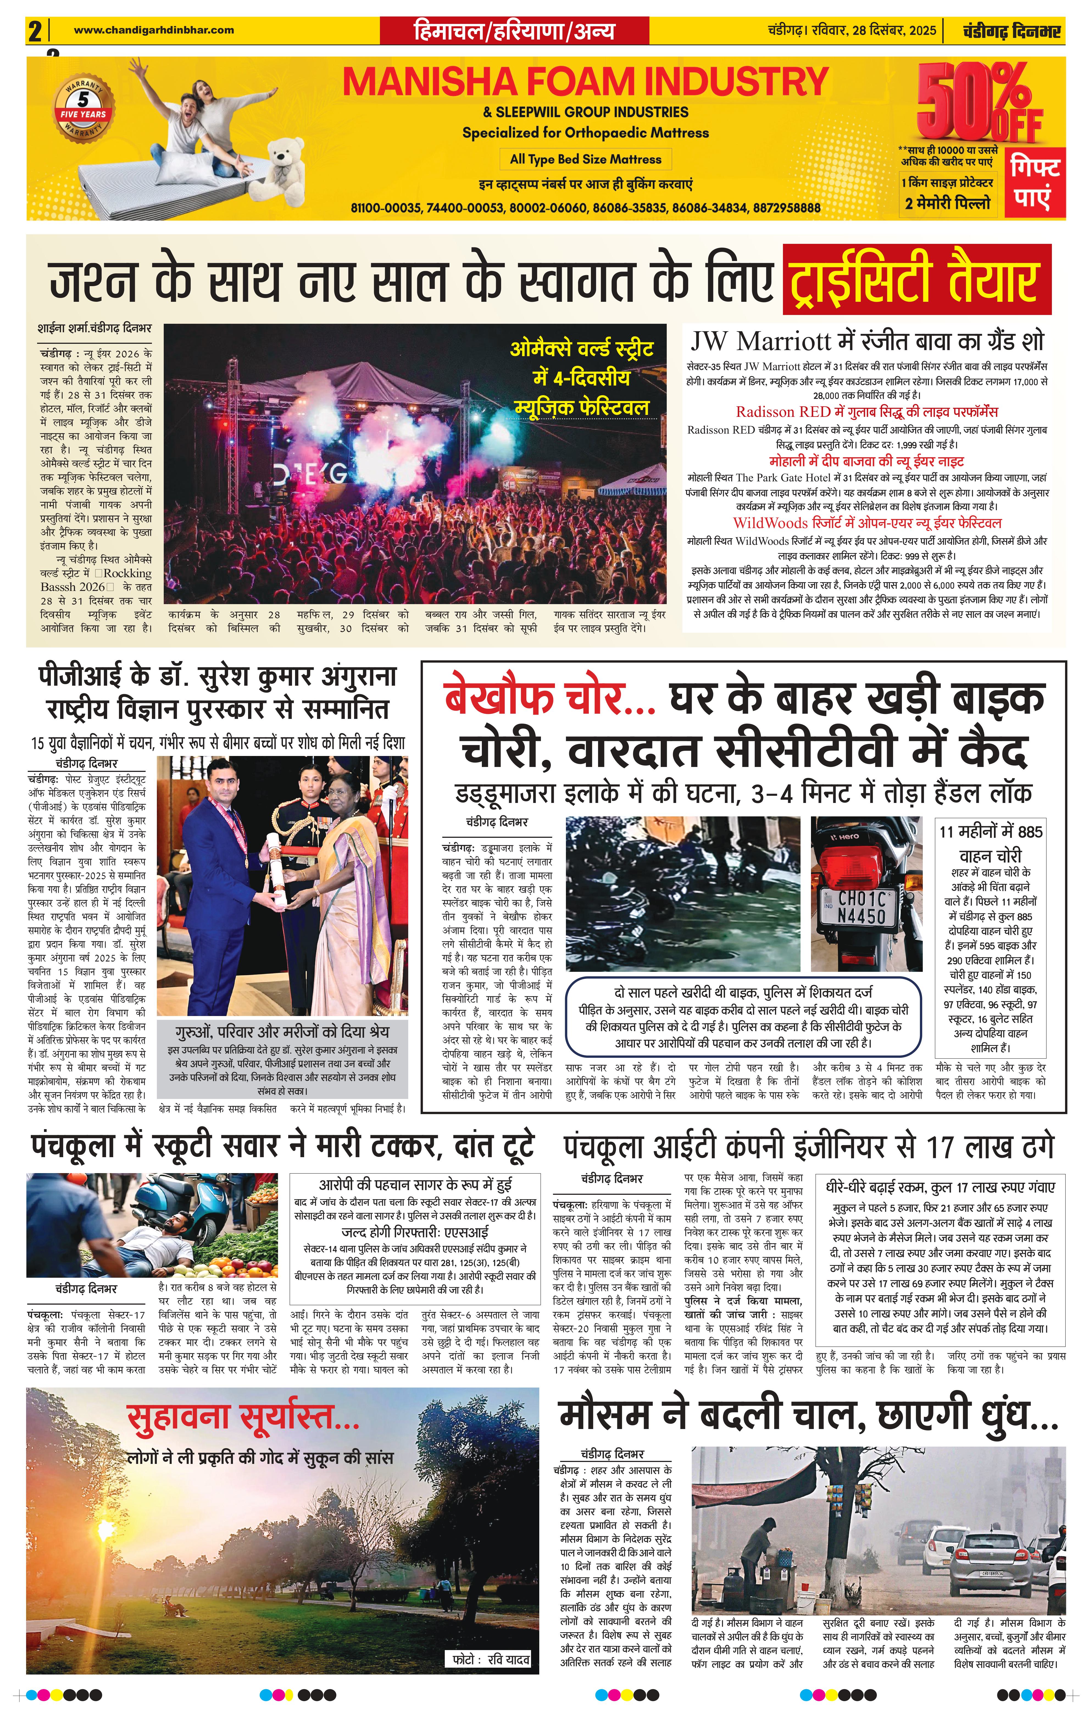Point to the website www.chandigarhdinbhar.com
[154, 30]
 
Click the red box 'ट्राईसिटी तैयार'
[916, 279]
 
